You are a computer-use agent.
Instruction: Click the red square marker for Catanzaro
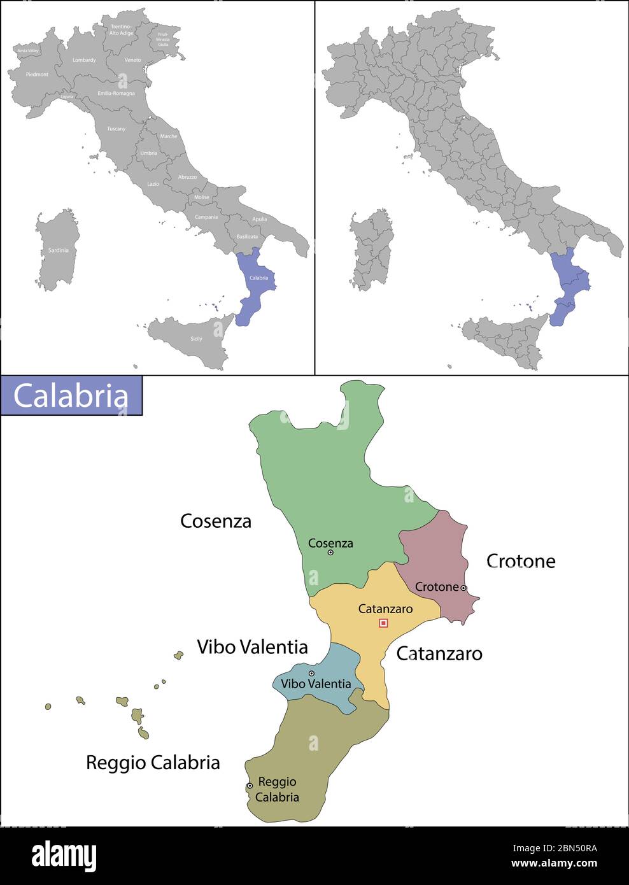click(x=383, y=623)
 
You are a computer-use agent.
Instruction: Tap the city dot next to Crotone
click(x=463, y=588)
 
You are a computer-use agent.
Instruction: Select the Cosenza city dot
click(x=330, y=553)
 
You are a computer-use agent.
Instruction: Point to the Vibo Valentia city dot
click(x=311, y=673)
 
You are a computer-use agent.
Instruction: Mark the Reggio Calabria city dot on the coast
click(x=250, y=786)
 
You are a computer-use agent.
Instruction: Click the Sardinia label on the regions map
click(x=58, y=250)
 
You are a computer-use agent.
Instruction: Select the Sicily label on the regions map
click(x=196, y=339)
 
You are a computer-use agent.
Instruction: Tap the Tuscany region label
click(x=116, y=129)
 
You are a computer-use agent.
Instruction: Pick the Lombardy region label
click(x=84, y=60)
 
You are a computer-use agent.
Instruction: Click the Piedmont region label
click(x=37, y=74)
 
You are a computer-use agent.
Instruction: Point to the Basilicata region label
click(x=247, y=236)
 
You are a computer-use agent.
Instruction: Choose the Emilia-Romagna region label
click(x=116, y=93)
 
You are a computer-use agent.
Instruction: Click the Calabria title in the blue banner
click(x=71, y=396)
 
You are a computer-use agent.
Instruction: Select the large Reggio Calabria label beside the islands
click(x=153, y=762)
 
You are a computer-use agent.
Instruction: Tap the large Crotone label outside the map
click(x=521, y=561)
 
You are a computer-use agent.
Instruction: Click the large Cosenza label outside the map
click(x=216, y=521)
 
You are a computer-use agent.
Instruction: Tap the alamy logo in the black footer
click(x=64, y=856)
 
